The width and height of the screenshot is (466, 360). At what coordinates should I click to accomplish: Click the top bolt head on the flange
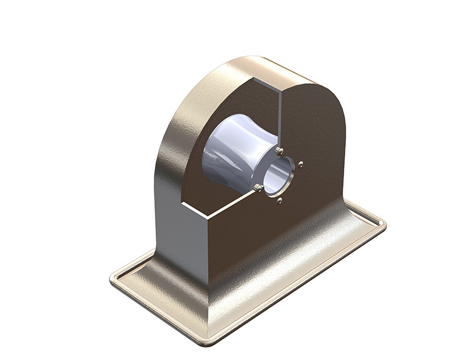point(279,151)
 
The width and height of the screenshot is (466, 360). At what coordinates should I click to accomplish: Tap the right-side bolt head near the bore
point(300,165)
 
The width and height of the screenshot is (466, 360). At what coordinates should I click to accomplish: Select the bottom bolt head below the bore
point(280,201)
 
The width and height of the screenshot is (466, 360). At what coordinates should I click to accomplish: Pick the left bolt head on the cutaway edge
point(257,186)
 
